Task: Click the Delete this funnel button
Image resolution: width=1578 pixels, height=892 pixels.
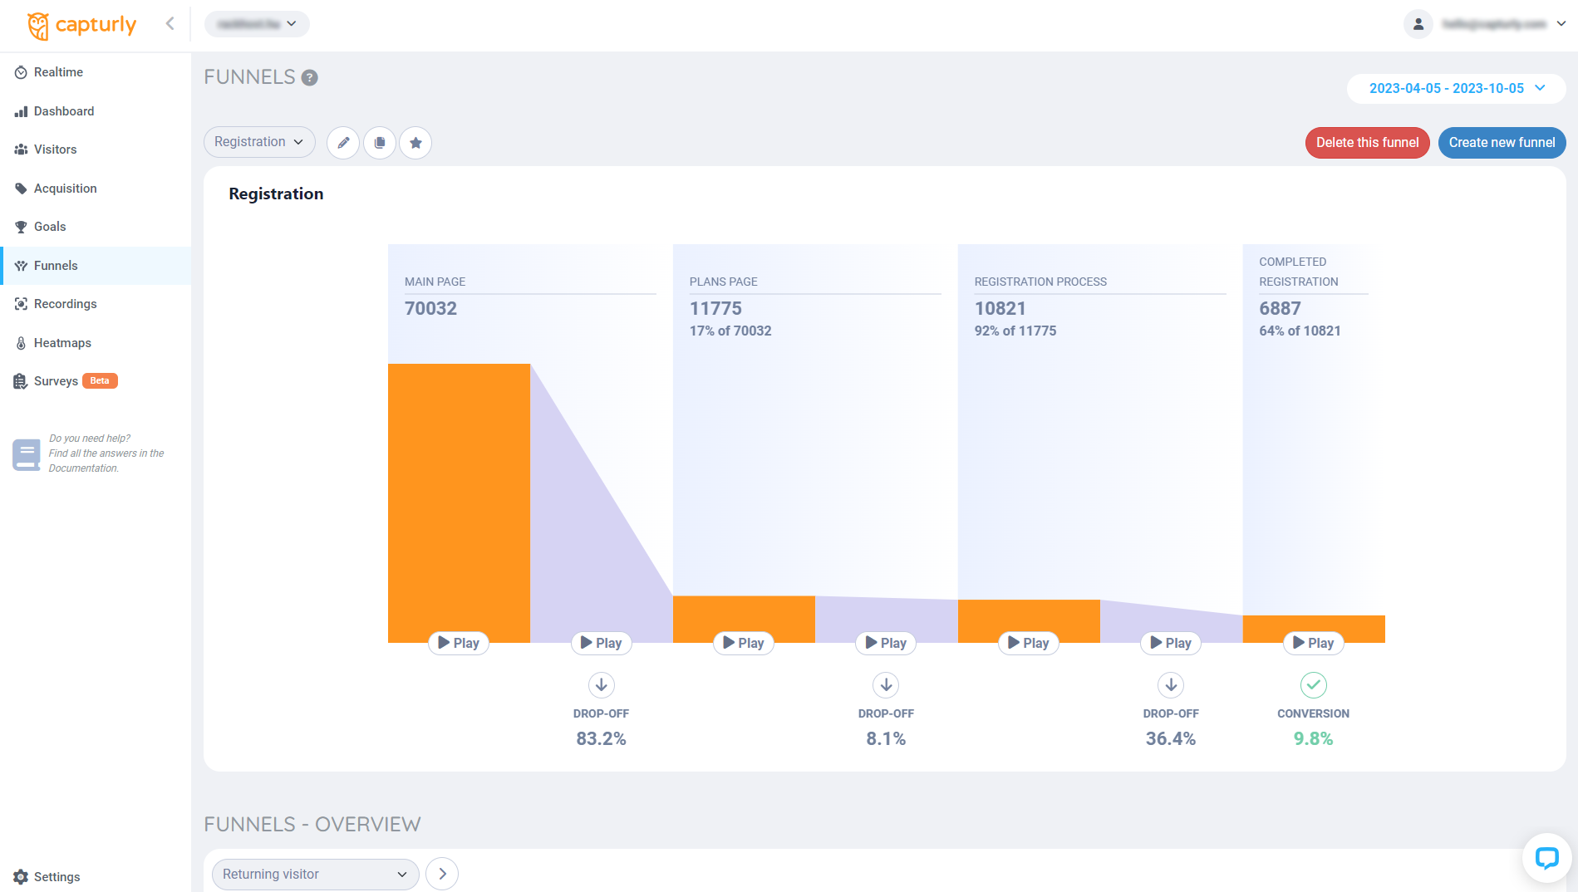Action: click(1367, 143)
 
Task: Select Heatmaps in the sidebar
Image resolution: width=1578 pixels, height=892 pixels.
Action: click(62, 343)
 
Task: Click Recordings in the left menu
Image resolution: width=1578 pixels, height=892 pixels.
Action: click(65, 304)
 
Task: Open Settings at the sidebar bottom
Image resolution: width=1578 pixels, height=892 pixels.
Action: click(57, 877)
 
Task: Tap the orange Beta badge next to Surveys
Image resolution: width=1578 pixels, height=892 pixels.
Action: click(100, 381)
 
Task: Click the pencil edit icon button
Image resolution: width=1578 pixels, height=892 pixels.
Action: click(343, 143)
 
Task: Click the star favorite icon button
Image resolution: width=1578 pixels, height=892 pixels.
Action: click(415, 143)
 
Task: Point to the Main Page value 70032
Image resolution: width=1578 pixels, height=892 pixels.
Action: click(430, 309)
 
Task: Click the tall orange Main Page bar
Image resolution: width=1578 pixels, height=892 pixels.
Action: click(459, 498)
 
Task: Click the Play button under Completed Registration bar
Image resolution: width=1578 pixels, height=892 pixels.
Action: click(1313, 643)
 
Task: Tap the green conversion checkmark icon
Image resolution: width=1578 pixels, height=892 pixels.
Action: click(1313, 685)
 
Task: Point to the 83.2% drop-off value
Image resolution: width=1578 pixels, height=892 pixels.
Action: click(601, 739)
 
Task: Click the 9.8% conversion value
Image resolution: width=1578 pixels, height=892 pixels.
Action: click(1313, 739)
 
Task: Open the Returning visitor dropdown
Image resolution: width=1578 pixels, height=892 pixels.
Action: click(315, 875)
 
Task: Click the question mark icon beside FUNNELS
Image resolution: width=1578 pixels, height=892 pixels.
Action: click(309, 78)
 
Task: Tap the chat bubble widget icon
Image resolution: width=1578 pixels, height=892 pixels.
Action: click(1546, 858)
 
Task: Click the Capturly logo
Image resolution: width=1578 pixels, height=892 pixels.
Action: click(81, 25)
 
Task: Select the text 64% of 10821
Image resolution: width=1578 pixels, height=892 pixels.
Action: click(1300, 331)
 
